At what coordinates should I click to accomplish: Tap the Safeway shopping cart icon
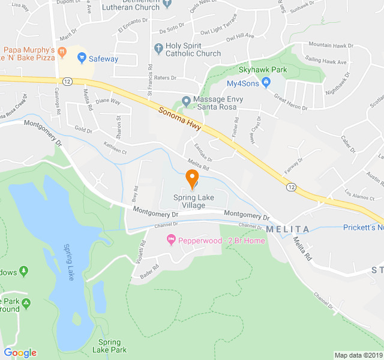pos(82,59)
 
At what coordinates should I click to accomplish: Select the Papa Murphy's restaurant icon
pos(62,54)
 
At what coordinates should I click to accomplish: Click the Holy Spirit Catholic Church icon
pos(158,47)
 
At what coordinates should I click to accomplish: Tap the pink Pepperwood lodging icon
pos(171,241)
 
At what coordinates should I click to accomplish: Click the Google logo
pos(20,353)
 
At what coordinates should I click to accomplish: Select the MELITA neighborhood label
pos(287,230)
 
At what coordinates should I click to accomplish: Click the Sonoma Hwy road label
pos(179,118)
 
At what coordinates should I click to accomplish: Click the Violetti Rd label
pos(142,252)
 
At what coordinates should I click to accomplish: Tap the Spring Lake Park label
pos(110,346)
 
